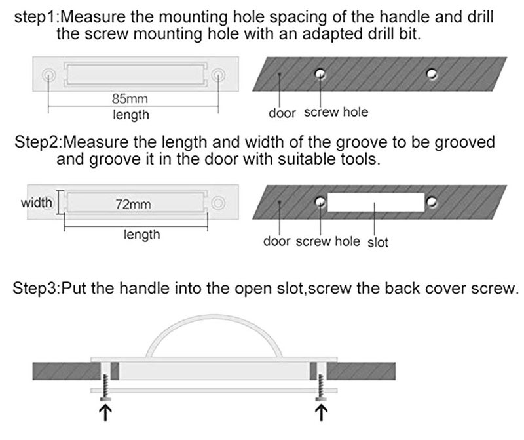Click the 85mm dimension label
pos(130,99)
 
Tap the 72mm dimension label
pos(133,204)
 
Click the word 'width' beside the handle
pos(37,203)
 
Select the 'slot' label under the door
pos(378,242)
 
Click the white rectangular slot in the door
pos(376,203)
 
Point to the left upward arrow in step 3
pos(105,412)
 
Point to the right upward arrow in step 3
pos(322,412)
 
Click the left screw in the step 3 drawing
pos(105,388)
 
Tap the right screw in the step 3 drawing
pos(322,388)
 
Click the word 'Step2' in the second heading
pos(37,142)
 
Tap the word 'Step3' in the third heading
pos(35,288)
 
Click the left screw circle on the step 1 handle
pos(48,74)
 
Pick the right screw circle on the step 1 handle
pos(218,74)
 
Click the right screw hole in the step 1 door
pos(432,73)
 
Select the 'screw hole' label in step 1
pos(336,112)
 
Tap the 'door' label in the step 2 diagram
pos(276,241)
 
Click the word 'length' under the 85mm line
pos(131,115)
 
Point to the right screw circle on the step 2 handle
pos(218,203)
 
